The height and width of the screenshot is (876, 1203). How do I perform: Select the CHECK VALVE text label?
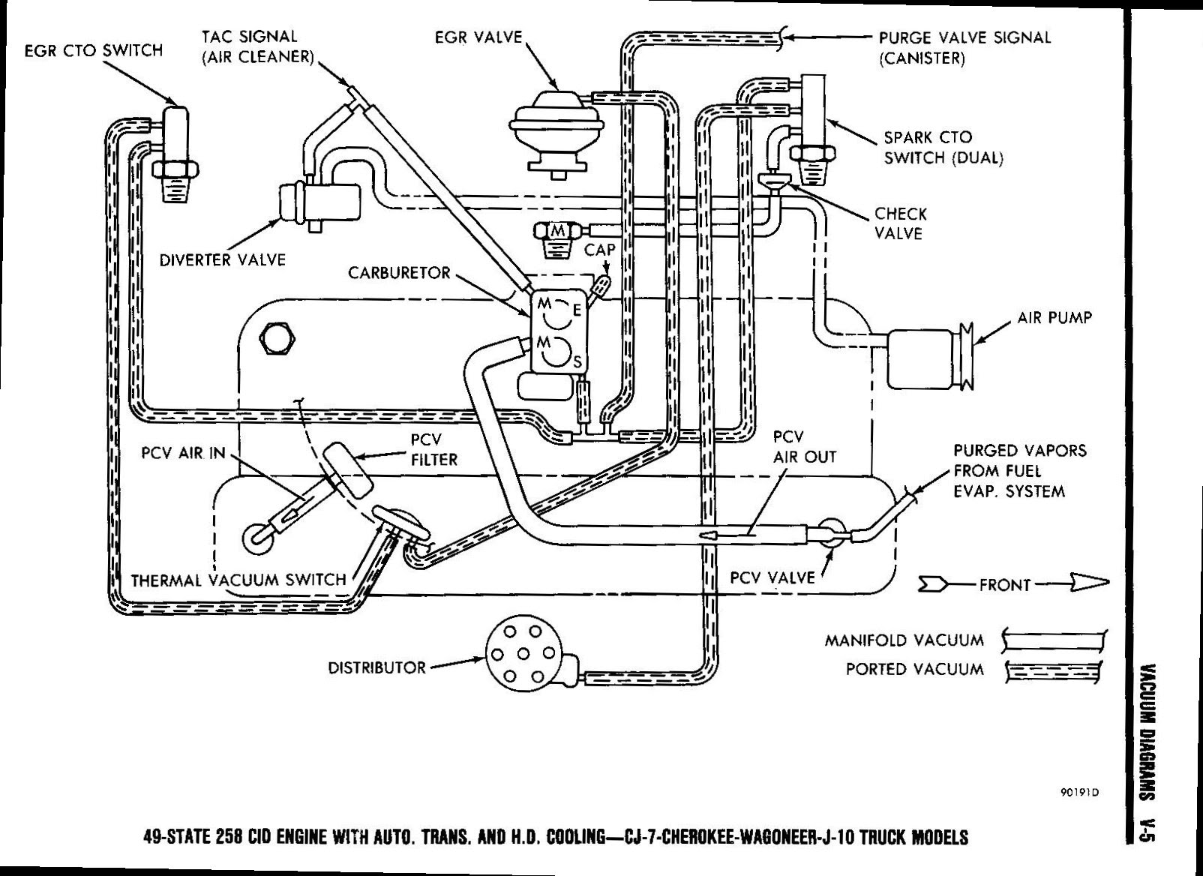tap(900, 223)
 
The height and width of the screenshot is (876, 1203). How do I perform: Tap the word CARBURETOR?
tap(399, 272)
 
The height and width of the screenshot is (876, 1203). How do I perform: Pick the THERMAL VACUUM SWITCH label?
tap(238, 580)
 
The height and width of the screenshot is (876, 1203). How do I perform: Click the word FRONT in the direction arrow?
tap(1005, 585)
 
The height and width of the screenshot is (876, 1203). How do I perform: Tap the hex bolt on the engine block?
tap(277, 341)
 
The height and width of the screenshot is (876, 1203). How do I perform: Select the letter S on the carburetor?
tap(577, 363)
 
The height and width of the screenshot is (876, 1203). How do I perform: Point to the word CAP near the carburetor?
tap(599, 250)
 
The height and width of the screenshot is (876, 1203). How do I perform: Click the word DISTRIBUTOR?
tap(376, 667)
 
